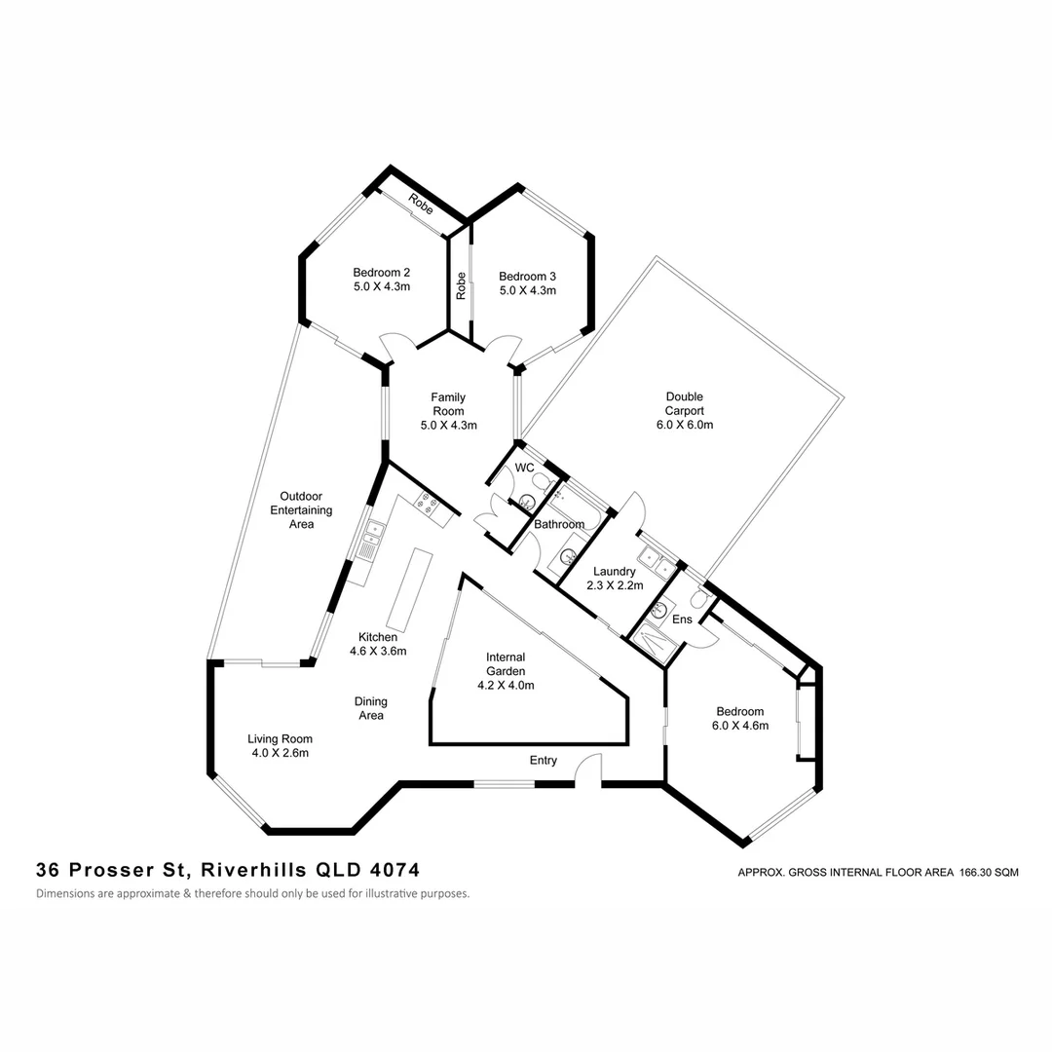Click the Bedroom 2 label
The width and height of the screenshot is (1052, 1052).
381,281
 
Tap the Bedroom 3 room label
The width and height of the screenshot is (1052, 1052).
527,283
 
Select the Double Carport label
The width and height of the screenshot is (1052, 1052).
684,410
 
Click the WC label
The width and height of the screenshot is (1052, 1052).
524,469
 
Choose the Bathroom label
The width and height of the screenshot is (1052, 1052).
558,524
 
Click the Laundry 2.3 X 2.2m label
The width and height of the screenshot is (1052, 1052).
610,579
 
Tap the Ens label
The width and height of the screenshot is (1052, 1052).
682,620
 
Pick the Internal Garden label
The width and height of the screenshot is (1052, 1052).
506,671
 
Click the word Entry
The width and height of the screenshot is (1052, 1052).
544,760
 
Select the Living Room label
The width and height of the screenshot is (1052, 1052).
280,745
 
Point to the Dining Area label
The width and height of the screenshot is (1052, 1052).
370,708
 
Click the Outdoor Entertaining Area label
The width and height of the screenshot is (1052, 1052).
301,509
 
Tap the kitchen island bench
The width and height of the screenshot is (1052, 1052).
408,589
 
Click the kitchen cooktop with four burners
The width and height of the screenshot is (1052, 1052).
426,503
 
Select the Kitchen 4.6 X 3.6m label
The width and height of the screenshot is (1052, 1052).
377,644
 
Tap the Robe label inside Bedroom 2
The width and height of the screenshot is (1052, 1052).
420,206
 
